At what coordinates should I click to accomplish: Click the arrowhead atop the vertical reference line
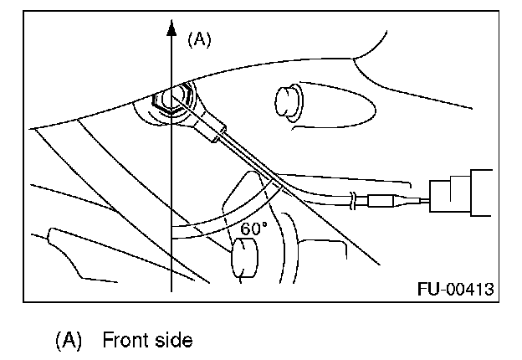[x=171, y=32]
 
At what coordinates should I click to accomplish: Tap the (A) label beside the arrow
[x=199, y=39]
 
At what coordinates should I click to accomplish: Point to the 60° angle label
[x=254, y=228]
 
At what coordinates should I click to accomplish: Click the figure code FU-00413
[x=455, y=290]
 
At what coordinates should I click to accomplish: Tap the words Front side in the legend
[x=147, y=341]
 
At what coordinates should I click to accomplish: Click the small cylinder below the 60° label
[x=243, y=260]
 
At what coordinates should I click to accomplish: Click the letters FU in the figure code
[x=427, y=290]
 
